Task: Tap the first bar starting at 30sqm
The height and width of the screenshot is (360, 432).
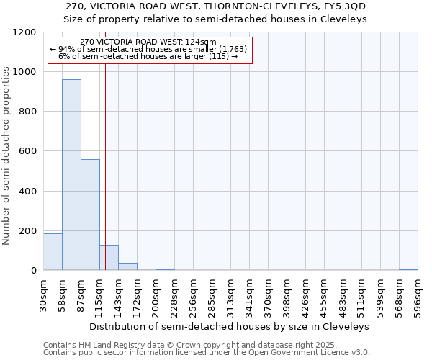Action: click(x=53, y=252)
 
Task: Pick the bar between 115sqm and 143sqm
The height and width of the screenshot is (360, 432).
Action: click(x=109, y=258)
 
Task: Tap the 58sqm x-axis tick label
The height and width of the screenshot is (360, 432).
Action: click(x=63, y=295)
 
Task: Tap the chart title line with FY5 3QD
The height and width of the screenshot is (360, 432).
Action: click(x=216, y=6)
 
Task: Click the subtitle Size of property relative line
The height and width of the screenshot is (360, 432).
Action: click(x=216, y=19)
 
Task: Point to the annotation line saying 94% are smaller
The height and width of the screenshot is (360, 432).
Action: click(x=148, y=49)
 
